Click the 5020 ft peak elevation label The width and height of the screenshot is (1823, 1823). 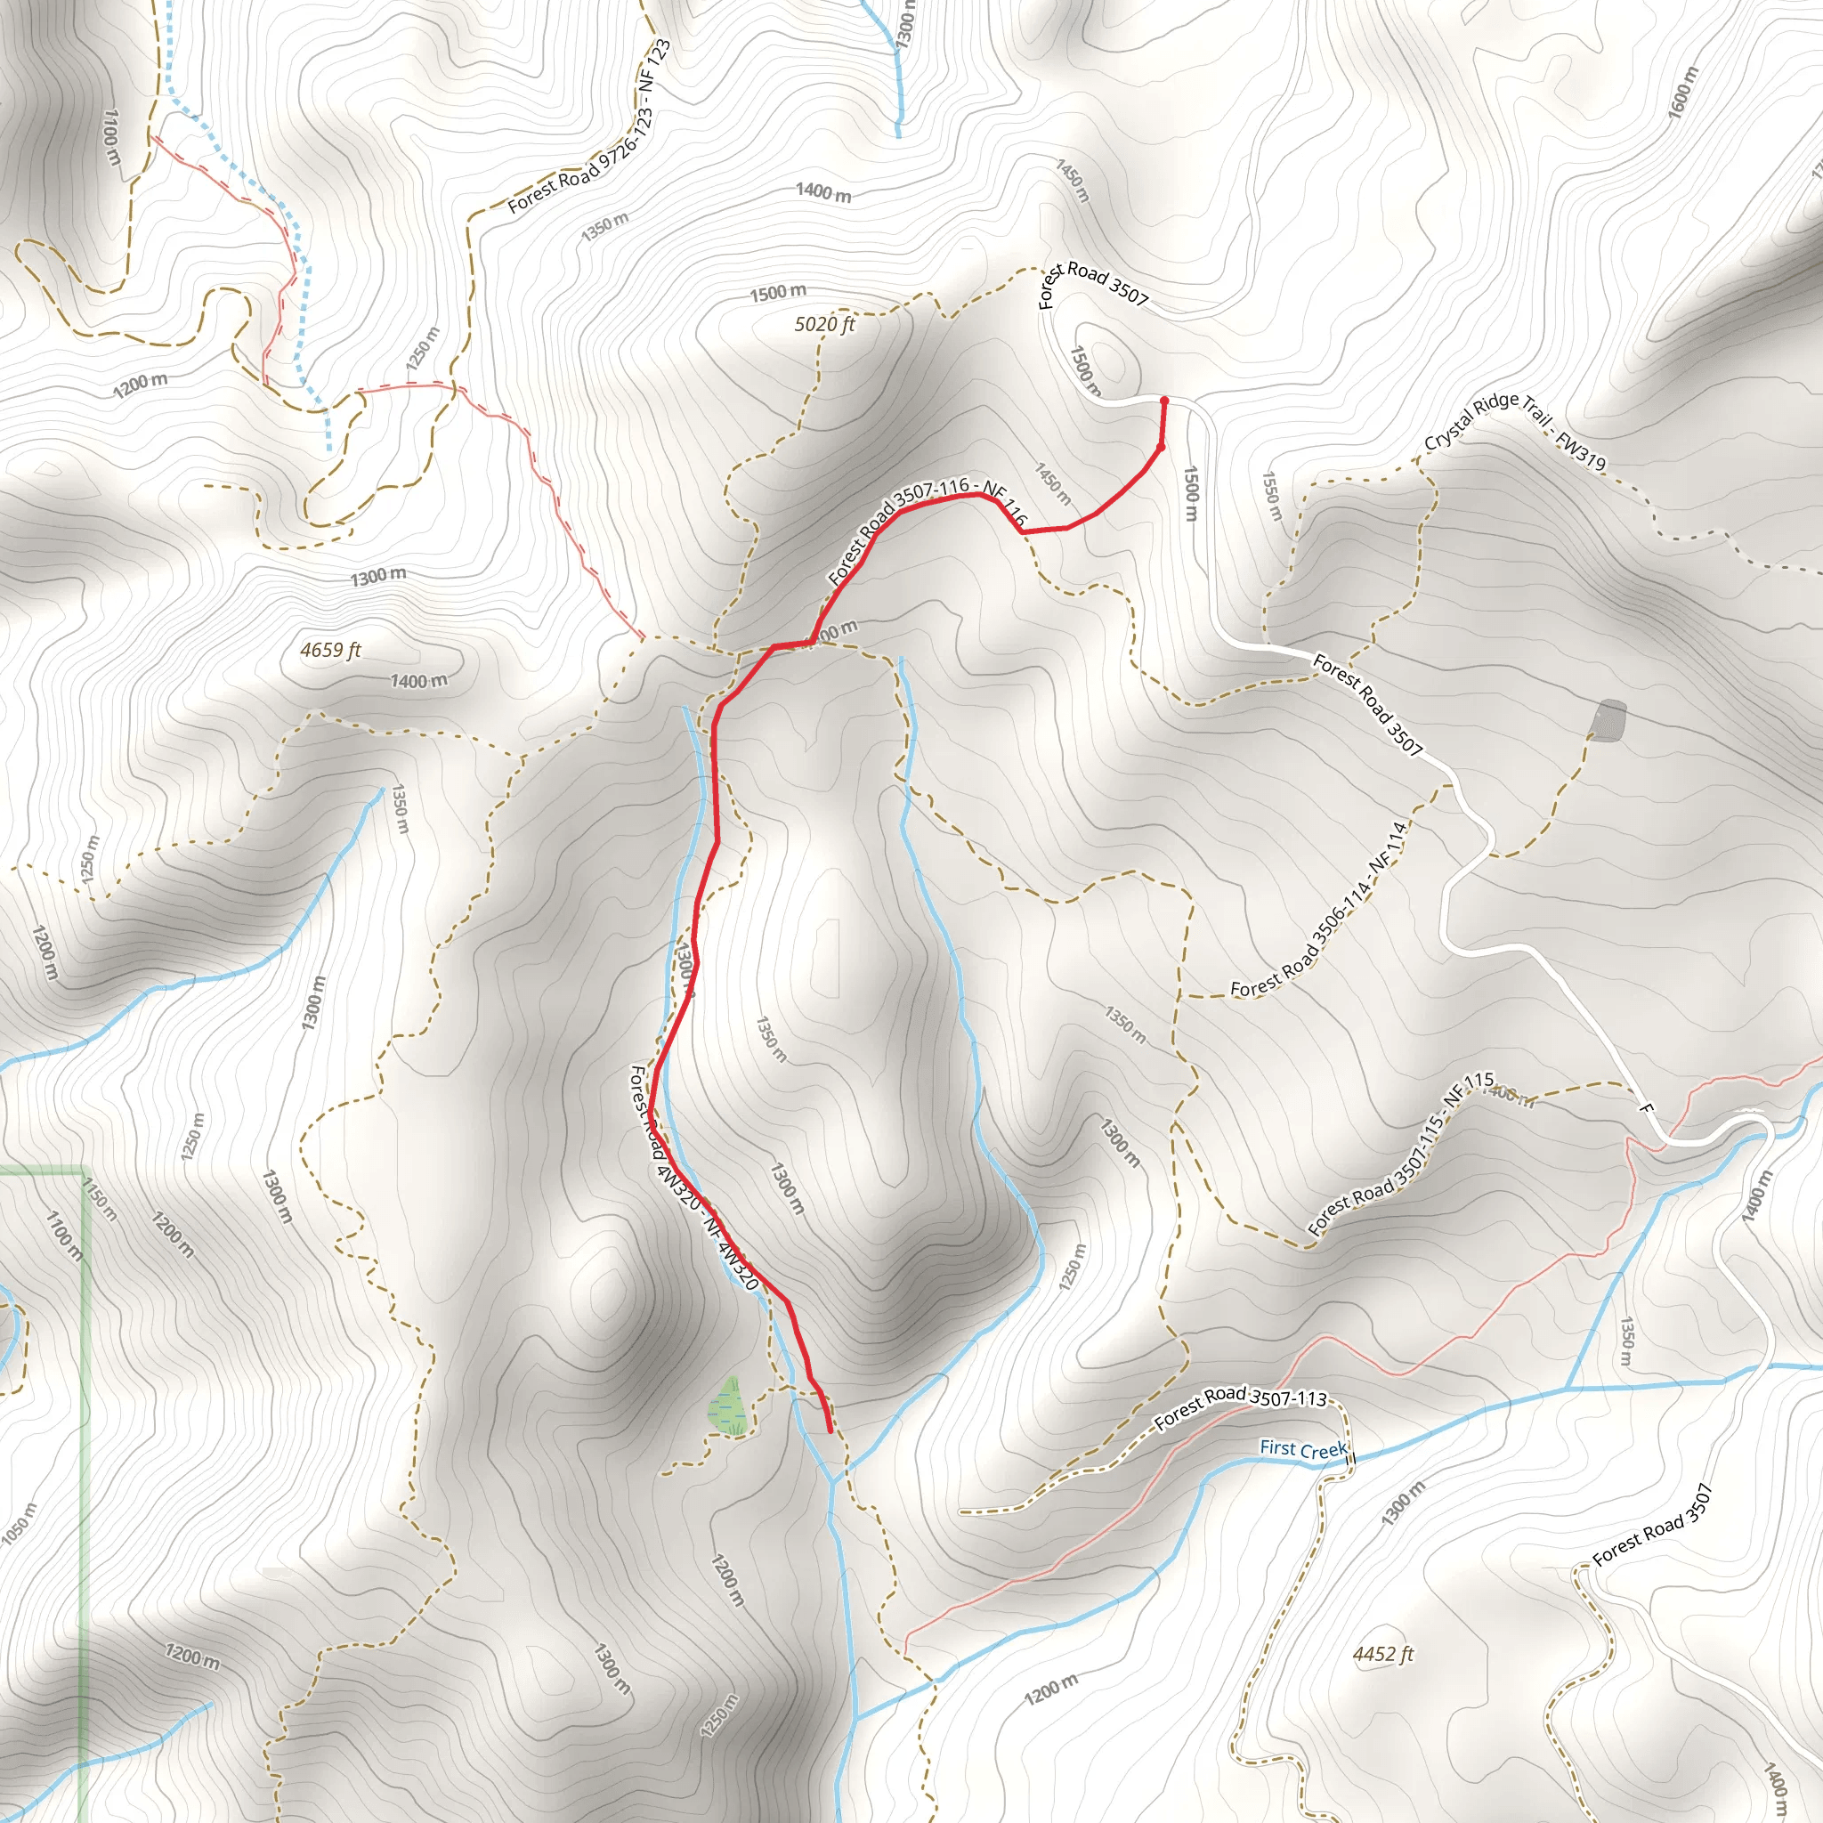pos(823,325)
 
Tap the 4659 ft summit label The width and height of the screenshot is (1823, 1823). pos(330,650)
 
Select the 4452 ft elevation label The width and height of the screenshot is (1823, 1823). pos(1382,1654)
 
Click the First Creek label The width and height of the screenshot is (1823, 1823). pos(1303,1449)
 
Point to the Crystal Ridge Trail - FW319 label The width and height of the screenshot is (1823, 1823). pos(1514,431)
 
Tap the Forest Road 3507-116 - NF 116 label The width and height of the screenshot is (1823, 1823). pos(925,529)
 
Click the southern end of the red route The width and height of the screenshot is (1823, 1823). pos(830,1431)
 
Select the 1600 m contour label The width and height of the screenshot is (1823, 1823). pos(1682,92)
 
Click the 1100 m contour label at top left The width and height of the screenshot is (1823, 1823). pos(112,138)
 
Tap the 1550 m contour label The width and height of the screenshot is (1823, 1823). pos(1272,496)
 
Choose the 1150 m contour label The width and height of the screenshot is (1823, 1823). pos(99,1199)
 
